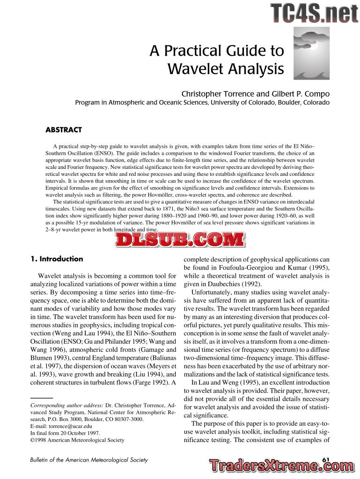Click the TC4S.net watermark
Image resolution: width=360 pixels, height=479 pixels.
314,13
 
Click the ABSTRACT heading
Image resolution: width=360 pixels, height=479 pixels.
64,130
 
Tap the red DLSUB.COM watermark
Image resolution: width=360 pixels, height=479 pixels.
180,240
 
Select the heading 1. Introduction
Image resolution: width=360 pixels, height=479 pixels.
57,259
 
